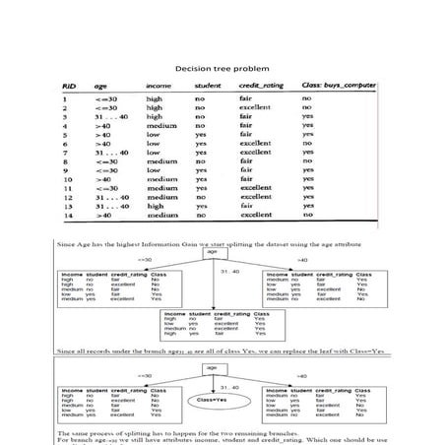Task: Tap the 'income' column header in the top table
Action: coord(159,86)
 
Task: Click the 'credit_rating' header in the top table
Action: coord(261,86)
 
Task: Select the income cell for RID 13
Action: coord(155,205)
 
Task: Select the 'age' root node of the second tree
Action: coord(211,367)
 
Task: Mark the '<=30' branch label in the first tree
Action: coord(145,260)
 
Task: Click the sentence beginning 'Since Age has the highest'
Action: coord(216,241)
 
